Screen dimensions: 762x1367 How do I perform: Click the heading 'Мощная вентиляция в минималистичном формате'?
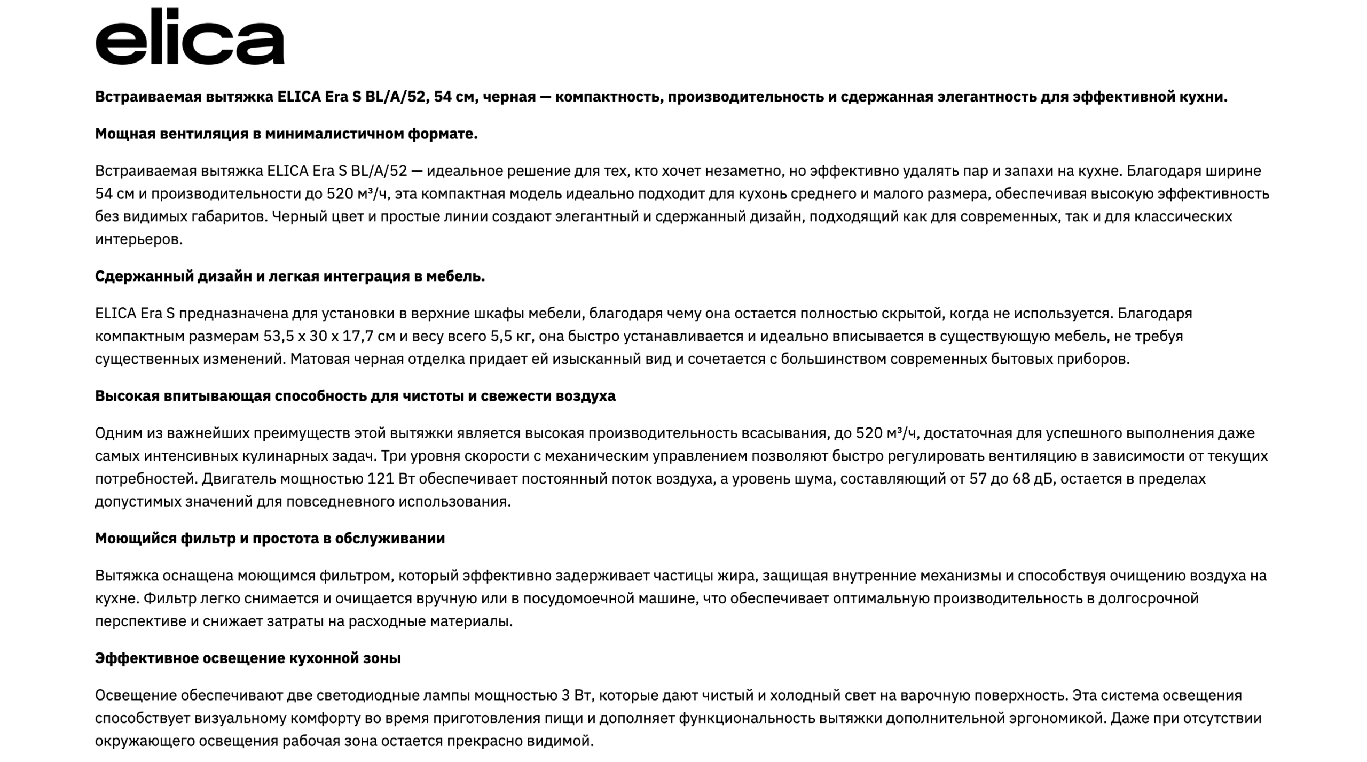[286, 134]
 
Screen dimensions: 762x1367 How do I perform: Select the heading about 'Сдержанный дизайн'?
[290, 276]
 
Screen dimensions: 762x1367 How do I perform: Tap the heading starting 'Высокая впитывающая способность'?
[355, 396]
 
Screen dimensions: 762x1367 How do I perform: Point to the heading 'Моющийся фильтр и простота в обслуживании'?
[270, 538]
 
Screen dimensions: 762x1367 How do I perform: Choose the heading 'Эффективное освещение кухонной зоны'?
[248, 658]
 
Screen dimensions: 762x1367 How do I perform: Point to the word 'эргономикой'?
[1055, 718]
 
